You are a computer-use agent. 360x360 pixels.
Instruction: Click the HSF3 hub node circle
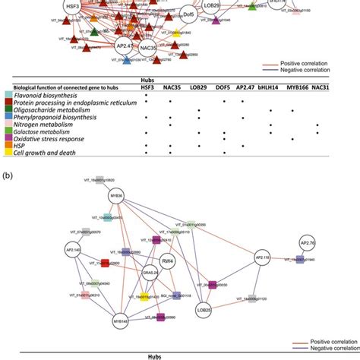pos(73,8)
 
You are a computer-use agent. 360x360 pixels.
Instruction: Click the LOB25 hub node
pos(204,311)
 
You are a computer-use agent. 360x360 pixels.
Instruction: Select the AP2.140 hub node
pos(73,249)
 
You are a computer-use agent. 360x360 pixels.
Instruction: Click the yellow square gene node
pos(141,299)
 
